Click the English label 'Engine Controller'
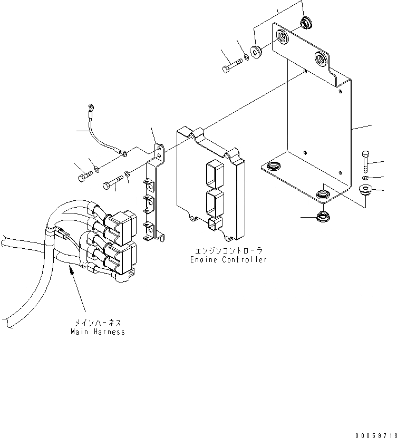[228, 260]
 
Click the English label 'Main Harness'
[98, 332]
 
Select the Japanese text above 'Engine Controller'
[228, 251]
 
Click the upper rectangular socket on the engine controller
[213, 172]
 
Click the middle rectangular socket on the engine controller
[214, 201]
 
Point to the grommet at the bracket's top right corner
[305, 23]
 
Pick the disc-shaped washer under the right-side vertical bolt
[364, 189]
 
